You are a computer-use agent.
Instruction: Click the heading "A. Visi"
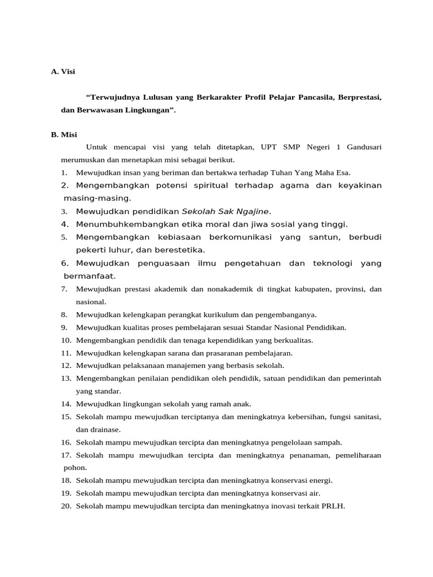coord(63,72)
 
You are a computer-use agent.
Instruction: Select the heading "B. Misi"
coord(64,135)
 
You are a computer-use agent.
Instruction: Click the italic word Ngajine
coord(254,211)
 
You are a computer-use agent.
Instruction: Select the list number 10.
coord(66,340)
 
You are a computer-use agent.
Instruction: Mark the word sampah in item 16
coord(327,442)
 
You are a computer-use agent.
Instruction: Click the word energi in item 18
coord(319,481)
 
